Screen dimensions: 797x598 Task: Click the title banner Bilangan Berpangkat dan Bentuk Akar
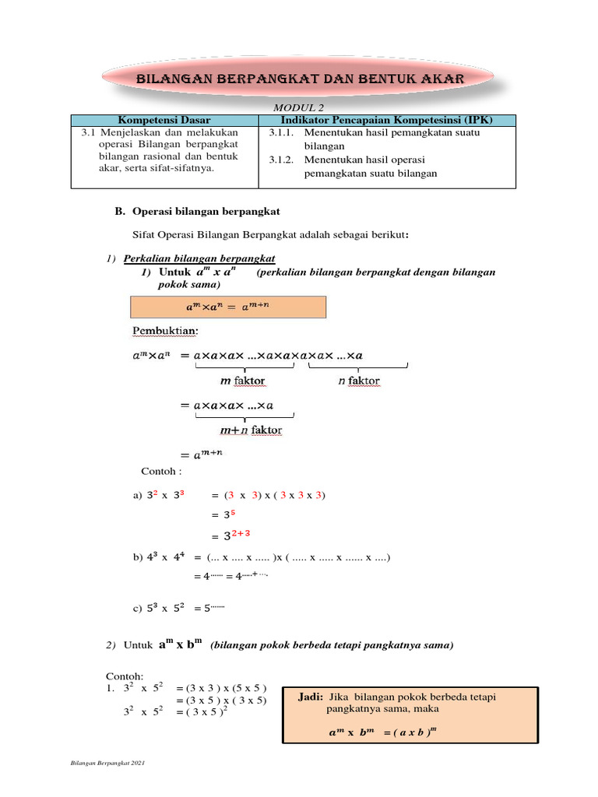click(300, 79)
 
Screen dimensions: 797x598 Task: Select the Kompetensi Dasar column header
click(164, 120)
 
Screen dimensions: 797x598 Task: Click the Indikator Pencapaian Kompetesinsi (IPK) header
click(386, 120)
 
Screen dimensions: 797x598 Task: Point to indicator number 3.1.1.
click(281, 132)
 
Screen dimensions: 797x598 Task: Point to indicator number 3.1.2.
click(281, 160)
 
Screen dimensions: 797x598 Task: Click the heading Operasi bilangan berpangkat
click(206, 212)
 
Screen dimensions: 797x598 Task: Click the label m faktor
click(243, 381)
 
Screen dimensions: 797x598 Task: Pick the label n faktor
click(359, 381)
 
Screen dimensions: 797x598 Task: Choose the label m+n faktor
click(251, 430)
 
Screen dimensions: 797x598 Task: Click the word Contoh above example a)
click(160, 472)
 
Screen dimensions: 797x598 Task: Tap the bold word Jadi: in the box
click(312, 696)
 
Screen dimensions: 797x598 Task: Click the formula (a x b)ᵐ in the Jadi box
click(413, 733)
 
